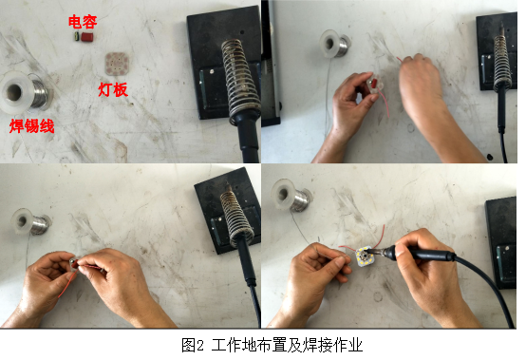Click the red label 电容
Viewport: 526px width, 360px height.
pos(83,22)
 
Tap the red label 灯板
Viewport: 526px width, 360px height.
pos(113,90)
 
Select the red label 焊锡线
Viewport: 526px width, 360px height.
pos(32,126)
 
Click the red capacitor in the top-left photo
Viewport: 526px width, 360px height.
pos(87,37)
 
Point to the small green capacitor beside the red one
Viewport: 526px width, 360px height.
pos(77,37)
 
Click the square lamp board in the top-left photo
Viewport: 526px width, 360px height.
pos(117,64)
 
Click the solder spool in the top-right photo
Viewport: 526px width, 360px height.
pos(334,44)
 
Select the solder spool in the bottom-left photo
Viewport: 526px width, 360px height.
pos(30,221)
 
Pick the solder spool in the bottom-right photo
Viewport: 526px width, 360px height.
pos(291,196)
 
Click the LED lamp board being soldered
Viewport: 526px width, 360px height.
pos(364,257)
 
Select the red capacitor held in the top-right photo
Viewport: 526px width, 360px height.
pos(373,83)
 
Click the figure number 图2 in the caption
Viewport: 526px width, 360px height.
pos(192,345)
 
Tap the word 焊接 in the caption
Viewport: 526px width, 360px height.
pos(317,345)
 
